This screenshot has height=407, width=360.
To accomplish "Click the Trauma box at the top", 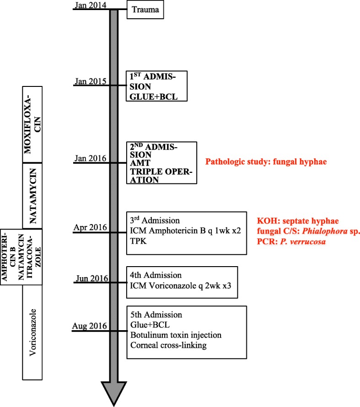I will pyautogui.click(x=144, y=10).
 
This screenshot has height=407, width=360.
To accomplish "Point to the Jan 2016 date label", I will pyautogui.click(x=90, y=158).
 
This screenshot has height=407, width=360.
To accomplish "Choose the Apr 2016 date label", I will pyautogui.click(x=91, y=227).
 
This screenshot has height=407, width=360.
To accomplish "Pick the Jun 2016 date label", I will pyautogui.click(x=91, y=278).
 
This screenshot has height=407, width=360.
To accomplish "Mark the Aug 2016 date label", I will pyautogui.click(x=90, y=326).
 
